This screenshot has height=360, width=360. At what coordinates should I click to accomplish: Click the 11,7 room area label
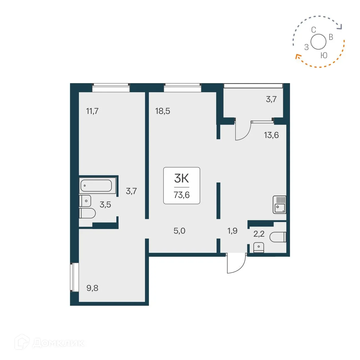click(x=92, y=111)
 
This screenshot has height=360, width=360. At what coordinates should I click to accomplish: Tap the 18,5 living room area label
click(x=163, y=111)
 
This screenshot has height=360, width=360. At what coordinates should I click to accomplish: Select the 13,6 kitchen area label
click(x=271, y=135)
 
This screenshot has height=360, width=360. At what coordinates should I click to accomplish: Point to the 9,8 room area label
click(x=92, y=288)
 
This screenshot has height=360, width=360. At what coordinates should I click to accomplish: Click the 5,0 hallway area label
click(x=179, y=231)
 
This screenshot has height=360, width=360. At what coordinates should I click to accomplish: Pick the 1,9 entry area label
click(x=232, y=231)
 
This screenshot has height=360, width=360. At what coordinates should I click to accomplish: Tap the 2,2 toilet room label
click(x=259, y=234)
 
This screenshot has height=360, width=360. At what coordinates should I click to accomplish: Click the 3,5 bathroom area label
click(x=105, y=205)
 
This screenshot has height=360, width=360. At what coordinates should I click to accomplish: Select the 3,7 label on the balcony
click(x=271, y=99)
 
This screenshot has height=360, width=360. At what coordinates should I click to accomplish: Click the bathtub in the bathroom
click(x=96, y=185)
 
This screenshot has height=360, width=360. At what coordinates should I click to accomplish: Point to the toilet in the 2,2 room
click(x=278, y=237)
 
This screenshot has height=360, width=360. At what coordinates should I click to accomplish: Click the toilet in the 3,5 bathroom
click(x=87, y=213)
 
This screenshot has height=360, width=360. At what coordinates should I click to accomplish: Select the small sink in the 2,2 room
click(x=259, y=247)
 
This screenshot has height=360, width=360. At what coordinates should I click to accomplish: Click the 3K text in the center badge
click(x=182, y=178)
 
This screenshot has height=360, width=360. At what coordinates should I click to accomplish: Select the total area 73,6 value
click(x=182, y=195)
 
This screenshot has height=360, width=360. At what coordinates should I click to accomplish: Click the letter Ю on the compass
click(x=324, y=55)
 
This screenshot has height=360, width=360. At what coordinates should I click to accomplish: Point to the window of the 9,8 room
click(x=72, y=277)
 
